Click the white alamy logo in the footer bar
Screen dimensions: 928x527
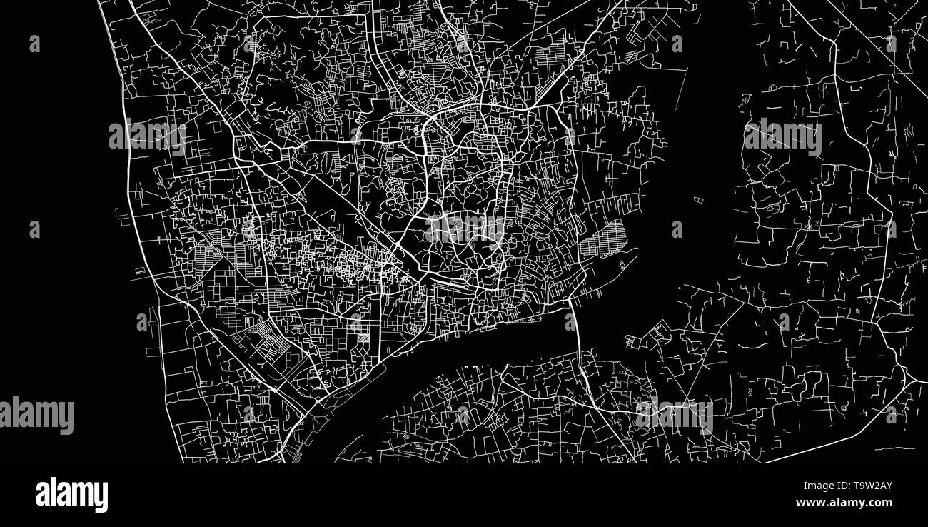[71, 495]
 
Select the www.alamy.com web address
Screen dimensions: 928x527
[844, 503]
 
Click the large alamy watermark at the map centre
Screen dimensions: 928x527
[465, 229]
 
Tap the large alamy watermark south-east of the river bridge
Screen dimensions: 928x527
[674, 415]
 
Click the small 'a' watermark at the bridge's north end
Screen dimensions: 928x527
[570, 322]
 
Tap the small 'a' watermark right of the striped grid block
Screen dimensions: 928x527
[676, 229]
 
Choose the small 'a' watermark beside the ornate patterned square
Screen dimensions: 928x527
[355, 322]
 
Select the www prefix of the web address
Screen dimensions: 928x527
[809, 503]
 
